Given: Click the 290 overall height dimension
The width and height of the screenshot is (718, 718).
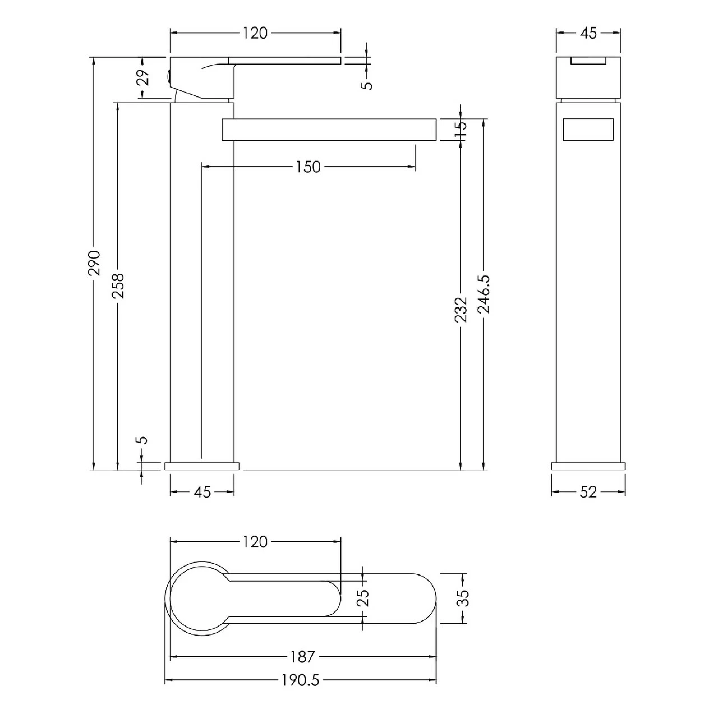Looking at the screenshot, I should (x=95, y=262).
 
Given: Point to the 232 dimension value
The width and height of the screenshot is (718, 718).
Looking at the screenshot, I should (x=461, y=309).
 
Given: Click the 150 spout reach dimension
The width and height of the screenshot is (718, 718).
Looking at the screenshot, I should (x=308, y=167).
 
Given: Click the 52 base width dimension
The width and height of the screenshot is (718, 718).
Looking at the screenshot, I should (x=588, y=492).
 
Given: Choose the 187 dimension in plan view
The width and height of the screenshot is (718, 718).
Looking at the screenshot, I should (x=303, y=656).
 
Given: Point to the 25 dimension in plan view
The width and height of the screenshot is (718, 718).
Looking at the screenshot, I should (x=363, y=598).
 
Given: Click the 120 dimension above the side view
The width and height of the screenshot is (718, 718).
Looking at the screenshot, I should (x=255, y=33).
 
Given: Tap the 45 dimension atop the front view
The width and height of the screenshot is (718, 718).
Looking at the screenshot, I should (x=588, y=33).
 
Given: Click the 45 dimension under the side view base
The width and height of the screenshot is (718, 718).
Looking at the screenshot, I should (x=202, y=492).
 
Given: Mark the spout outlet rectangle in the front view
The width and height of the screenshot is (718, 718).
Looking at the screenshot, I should (x=588, y=130).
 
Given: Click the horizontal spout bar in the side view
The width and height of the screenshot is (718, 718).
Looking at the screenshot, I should (x=329, y=130).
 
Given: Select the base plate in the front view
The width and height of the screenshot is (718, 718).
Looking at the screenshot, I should (x=588, y=466).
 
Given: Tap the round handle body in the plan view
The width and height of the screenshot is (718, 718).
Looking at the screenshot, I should (x=197, y=598).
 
